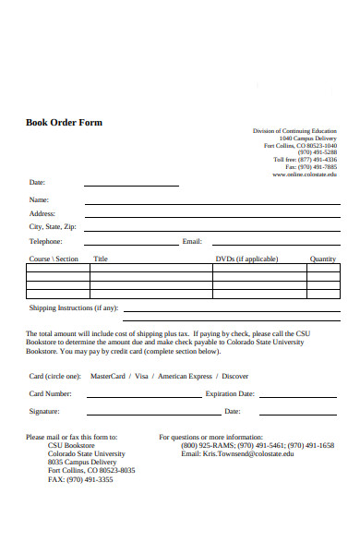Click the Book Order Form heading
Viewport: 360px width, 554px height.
coord(64,123)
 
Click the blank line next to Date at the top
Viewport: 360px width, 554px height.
coord(131,185)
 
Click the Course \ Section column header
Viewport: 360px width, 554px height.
coord(54,259)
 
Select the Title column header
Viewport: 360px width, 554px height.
coord(101,259)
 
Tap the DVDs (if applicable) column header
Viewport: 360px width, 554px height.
coord(246,259)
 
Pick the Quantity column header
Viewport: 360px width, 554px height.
coord(323,259)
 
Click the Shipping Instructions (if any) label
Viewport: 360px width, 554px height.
coord(74,307)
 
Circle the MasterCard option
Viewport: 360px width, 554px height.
coord(107,376)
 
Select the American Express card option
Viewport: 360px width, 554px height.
coord(185,376)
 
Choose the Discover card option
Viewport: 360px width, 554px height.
coord(235,376)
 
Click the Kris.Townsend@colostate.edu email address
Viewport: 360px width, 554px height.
coord(237,454)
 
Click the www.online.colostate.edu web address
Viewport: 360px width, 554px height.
coord(305,174)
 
